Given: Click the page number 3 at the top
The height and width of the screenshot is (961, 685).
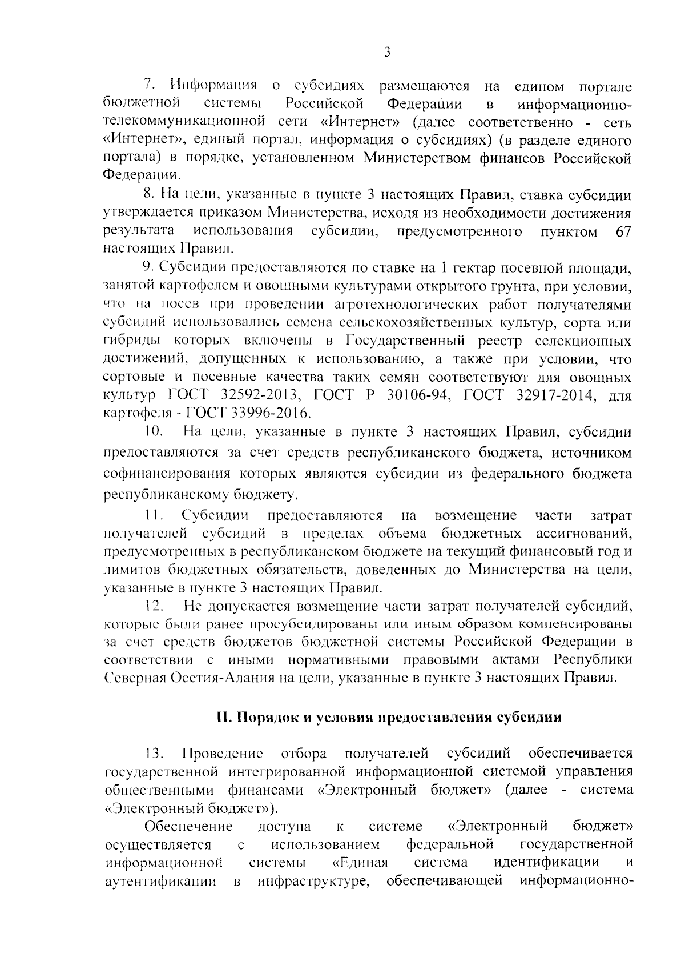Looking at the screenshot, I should (x=387, y=53).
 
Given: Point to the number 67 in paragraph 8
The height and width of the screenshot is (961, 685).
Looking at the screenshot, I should (x=624, y=231).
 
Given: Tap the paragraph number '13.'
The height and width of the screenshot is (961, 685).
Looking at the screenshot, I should (x=155, y=754).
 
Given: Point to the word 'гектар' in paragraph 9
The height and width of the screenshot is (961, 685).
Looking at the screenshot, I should (x=474, y=267).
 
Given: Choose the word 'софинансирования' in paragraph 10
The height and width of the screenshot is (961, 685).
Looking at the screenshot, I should (x=167, y=474).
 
